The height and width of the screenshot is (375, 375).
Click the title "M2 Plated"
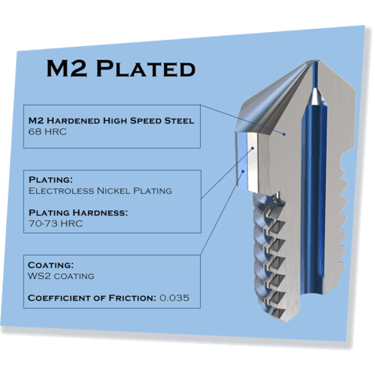(121, 68)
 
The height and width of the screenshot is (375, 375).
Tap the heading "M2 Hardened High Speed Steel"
(111, 120)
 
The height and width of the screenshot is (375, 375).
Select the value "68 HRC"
(48, 132)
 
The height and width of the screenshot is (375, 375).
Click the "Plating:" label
(51, 180)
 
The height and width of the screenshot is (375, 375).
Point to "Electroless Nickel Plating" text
(100, 191)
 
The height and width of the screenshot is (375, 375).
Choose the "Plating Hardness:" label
(78, 212)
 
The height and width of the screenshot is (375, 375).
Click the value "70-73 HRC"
(55, 223)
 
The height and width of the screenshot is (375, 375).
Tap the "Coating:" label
(51, 265)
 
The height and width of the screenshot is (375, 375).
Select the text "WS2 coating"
(61, 276)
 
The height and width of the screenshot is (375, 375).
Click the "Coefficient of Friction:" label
(91, 298)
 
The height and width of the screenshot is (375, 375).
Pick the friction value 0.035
(174, 298)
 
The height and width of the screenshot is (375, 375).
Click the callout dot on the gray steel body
(284, 134)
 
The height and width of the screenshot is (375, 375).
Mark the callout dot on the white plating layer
(252, 148)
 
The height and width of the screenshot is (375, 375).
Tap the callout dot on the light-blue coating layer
(243, 171)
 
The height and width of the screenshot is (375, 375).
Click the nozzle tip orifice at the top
(315, 62)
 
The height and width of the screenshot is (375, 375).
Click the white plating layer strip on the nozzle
(252, 162)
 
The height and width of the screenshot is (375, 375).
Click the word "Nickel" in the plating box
(113, 191)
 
